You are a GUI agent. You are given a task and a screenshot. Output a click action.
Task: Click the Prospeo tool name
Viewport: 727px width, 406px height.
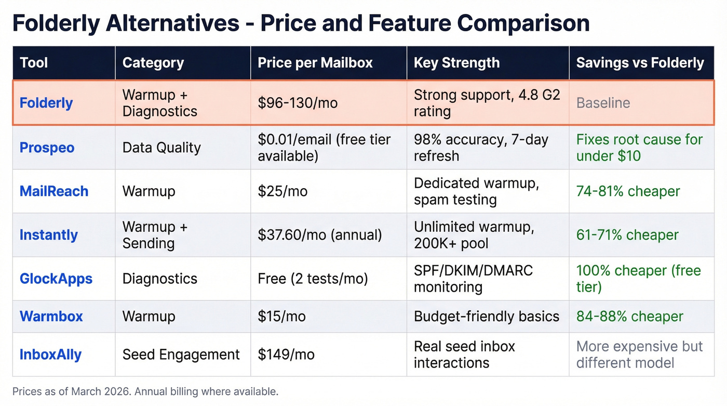tap(47, 148)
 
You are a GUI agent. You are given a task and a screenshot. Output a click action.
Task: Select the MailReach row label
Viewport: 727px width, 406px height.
tap(54, 191)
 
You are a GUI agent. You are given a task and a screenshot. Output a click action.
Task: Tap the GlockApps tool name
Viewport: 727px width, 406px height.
tap(56, 279)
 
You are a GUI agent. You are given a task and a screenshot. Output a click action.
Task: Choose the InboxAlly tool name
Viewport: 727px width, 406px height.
tap(50, 355)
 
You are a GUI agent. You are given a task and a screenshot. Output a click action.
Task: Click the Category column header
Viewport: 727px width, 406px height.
tap(153, 63)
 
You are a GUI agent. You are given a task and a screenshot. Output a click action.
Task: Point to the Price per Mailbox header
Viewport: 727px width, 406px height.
tap(315, 63)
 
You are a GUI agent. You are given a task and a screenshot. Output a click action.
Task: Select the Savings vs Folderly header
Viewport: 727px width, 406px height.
tap(640, 63)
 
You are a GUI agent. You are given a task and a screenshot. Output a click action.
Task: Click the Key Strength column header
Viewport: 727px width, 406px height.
tap(456, 63)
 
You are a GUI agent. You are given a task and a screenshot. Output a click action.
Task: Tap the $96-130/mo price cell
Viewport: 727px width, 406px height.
tap(298, 103)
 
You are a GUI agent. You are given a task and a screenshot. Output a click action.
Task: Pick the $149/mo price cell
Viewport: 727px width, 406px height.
tap(286, 355)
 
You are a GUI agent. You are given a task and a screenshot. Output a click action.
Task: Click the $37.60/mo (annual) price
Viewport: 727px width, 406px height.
tap(320, 235)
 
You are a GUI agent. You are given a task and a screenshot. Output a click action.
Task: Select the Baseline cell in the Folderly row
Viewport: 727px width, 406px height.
tap(603, 103)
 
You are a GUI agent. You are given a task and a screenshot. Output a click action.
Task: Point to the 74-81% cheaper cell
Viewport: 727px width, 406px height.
tap(628, 191)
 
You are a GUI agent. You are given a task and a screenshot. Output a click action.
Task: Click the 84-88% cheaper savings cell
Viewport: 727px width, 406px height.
tap(629, 316)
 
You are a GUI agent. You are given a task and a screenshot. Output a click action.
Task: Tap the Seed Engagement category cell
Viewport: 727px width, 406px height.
tap(181, 355)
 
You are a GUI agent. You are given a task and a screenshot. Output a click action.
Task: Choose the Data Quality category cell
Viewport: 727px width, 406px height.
tap(161, 148)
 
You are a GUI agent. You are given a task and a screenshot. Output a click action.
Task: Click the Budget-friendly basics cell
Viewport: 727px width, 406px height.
tap(487, 316)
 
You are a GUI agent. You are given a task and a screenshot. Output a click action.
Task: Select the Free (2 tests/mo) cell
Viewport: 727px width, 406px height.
tap(313, 279)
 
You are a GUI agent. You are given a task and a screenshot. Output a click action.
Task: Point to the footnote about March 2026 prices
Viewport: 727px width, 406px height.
tap(145, 391)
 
